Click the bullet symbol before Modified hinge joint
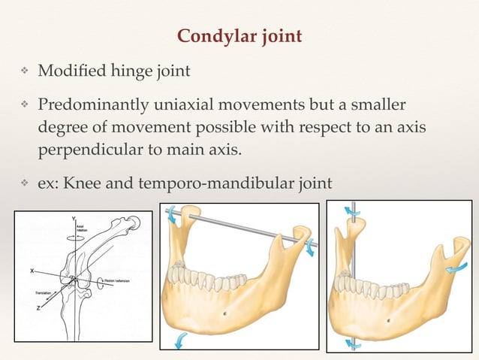coord(23,72)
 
